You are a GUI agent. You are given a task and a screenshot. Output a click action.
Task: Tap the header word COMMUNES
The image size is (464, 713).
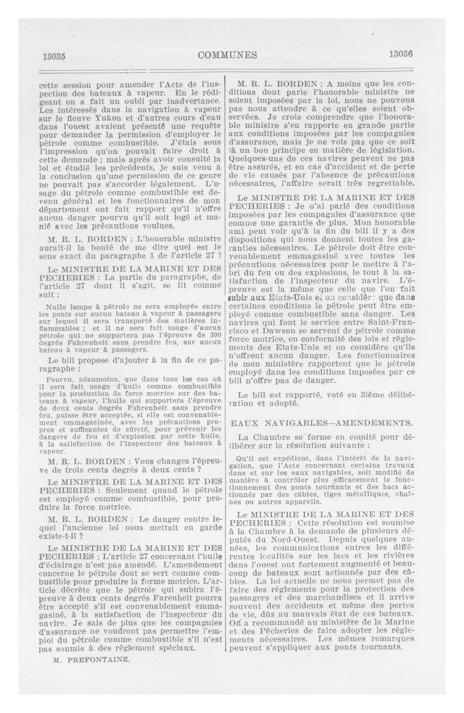coord(228,55)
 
